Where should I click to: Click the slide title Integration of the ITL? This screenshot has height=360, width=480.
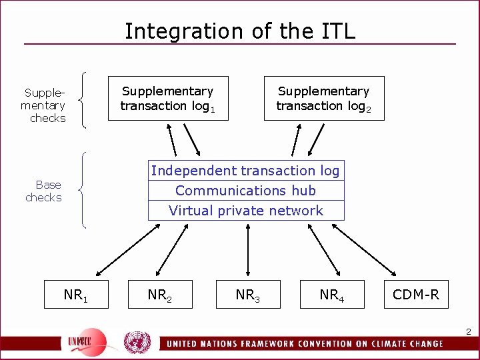[240, 31]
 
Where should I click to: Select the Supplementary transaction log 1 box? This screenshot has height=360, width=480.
[168, 98]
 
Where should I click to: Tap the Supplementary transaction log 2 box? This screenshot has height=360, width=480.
[324, 98]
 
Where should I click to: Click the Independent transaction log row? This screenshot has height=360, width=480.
[245, 171]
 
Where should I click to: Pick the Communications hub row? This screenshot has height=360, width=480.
[245, 191]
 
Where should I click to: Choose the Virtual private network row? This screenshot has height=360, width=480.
[245, 211]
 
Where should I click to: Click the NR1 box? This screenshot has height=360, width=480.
[75, 295]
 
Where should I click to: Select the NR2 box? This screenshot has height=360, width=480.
[160, 295]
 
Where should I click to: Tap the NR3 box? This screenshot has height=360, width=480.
[247, 295]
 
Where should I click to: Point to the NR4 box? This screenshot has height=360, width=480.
[331, 295]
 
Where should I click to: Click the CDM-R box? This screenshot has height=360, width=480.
[416, 295]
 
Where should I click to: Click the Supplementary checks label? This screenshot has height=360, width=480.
[44, 105]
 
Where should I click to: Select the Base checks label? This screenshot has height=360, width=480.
[45, 191]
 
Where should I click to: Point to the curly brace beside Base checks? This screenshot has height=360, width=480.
[82, 191]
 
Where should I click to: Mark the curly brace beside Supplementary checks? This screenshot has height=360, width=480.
[82, 99]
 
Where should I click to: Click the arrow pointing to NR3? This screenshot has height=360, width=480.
[247, 249]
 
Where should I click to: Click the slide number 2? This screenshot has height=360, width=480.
[468, 331]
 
